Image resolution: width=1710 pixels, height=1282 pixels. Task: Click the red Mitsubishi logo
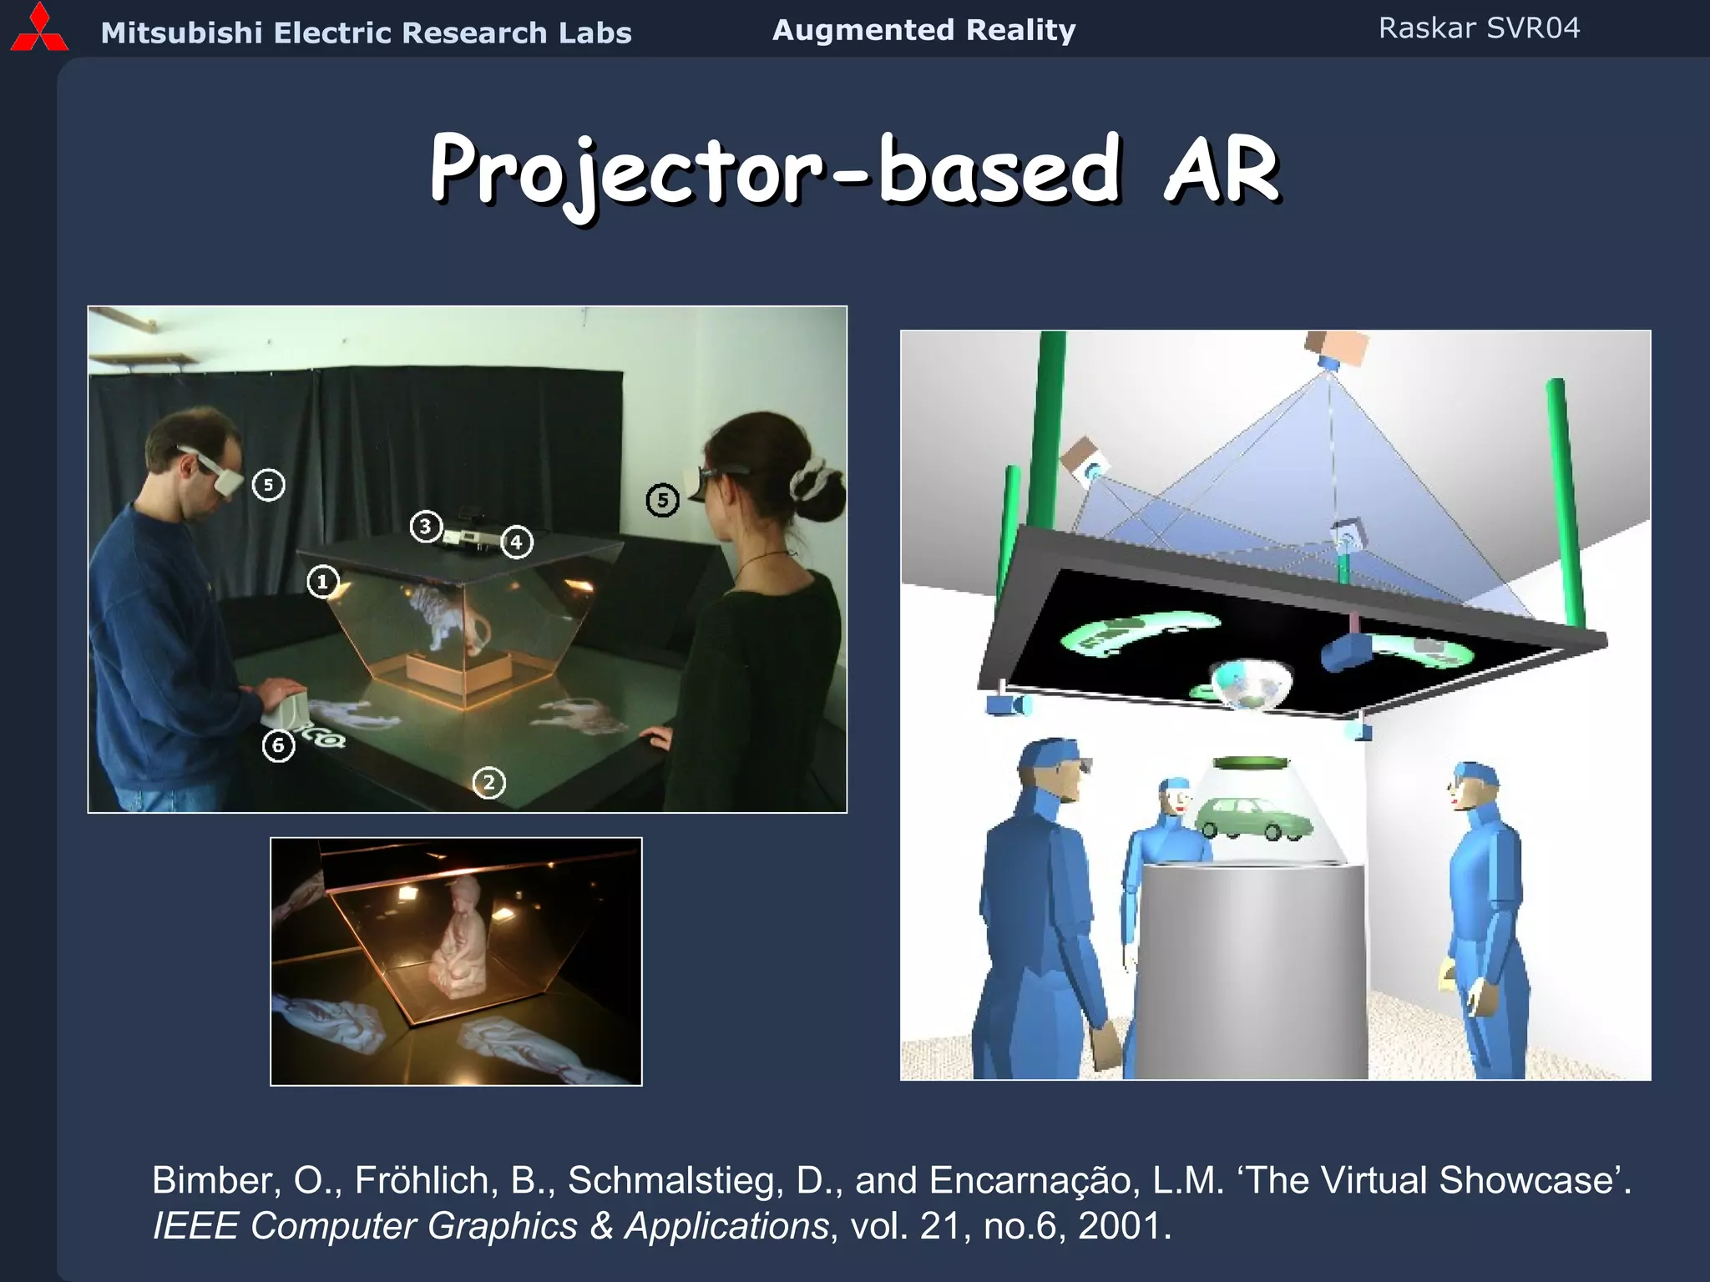(38, 28)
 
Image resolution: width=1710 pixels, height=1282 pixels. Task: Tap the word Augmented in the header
(862, 30)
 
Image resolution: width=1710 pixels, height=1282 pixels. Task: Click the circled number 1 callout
(322, 582)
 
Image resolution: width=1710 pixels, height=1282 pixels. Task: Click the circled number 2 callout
(489, 783)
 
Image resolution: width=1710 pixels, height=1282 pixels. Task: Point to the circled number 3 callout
(426, 527)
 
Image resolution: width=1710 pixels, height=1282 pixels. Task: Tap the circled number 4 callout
(516, 543)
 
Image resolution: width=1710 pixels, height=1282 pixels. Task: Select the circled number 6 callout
(278, 745)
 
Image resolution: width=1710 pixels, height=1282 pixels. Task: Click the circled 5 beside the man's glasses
(268, 485)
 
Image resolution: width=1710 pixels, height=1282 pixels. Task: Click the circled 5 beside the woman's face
(662, 501)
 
